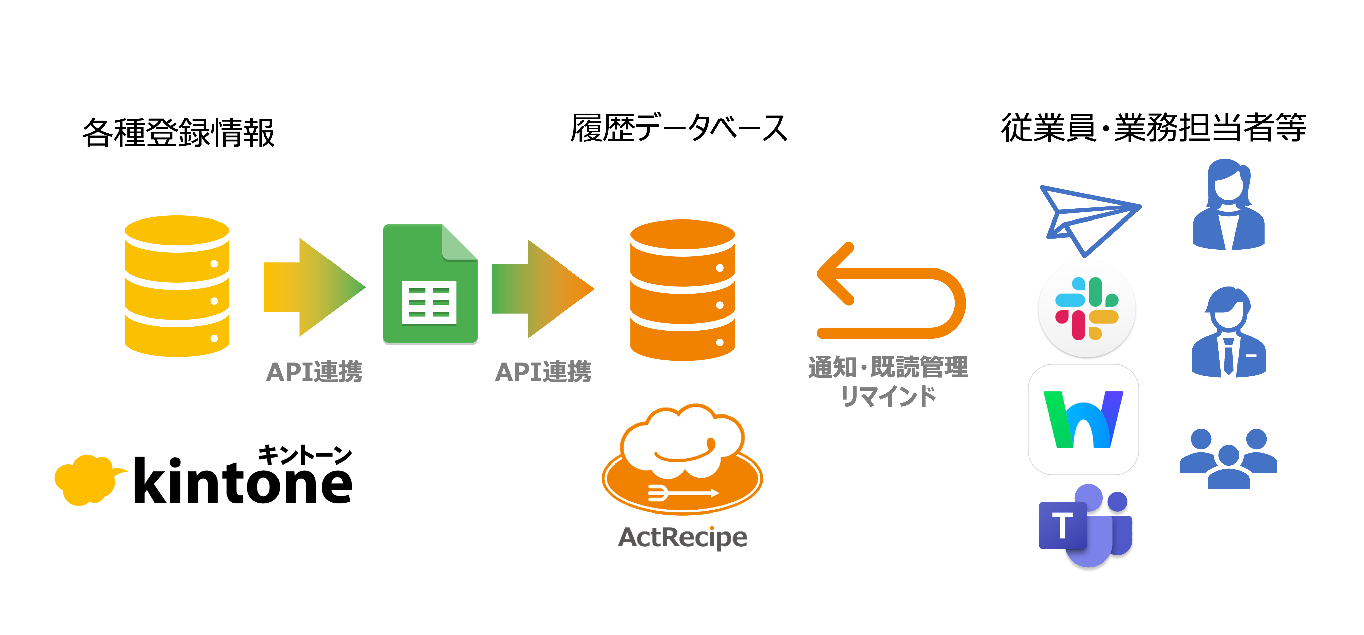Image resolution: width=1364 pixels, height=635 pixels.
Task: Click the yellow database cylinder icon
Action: tap(177, 286)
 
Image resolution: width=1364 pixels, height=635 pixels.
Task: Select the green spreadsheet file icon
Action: tap(430, 284)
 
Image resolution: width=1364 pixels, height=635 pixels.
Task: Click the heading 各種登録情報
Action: tap(179, 132)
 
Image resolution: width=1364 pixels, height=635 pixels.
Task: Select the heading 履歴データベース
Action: tap(679, 128)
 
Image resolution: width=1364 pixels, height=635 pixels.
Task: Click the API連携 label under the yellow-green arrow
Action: tap(314, 372)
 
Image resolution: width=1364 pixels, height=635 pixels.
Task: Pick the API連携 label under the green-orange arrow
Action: tap(543, 372)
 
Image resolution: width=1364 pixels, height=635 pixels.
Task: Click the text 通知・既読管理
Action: tap(888, 368)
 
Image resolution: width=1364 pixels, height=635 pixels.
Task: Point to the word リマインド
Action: tap(888, 396)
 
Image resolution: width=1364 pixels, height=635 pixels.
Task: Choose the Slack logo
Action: tap(1087, 309)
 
